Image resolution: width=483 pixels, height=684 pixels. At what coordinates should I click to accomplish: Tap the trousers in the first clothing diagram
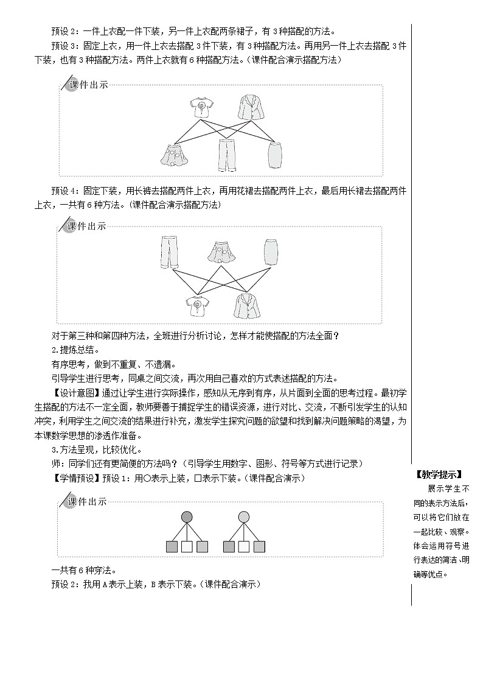pos(228,155)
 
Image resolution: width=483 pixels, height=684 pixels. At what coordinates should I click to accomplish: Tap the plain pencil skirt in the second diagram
pos(270,252)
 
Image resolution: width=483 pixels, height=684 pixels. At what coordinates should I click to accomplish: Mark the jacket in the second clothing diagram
pos(246,305)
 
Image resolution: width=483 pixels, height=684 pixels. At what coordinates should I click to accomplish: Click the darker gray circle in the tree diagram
pos(187,517)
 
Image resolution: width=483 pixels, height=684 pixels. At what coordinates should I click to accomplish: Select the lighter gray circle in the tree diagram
pos(244,517)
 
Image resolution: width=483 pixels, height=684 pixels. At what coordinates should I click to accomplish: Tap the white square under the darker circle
pos(187,547)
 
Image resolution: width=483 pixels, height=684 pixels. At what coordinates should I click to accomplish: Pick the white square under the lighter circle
pos(244,547)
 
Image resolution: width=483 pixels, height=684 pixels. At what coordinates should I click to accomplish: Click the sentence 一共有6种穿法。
pos(84,570)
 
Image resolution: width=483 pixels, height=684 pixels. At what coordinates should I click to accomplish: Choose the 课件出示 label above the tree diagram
pos(88,501)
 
